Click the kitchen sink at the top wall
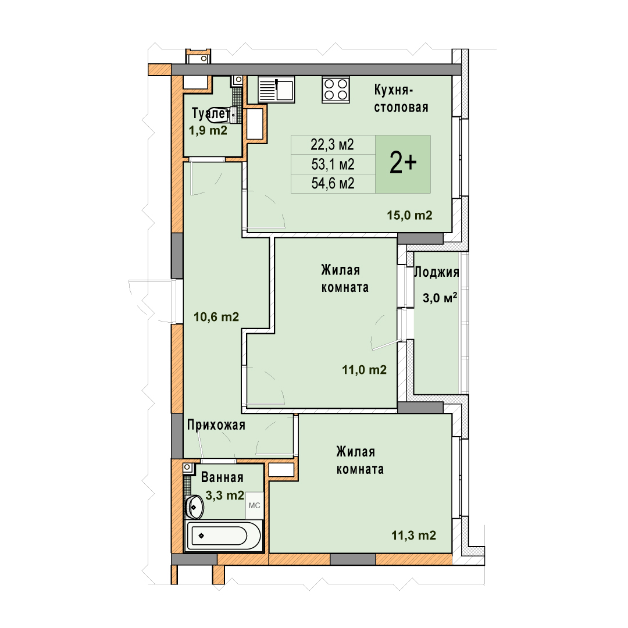tap(276, 90)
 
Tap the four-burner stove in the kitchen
tap(336, 90)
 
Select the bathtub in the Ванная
tap(224, 536)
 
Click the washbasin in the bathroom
tap(195, 506)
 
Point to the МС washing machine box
tap(254, 505)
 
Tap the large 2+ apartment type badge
tap(403, 164)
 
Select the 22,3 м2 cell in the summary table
tap(333, 145)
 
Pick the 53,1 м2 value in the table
tap(333, 164)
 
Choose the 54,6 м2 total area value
tap(333, 183)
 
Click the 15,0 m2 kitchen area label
tap(409, 216)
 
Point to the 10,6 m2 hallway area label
tap(216, 317)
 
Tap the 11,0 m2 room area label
tap(364, 370)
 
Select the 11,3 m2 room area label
tap(413, 535)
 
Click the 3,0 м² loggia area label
tap(440, 298)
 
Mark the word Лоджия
tap(437, 272)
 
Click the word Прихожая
tap(216, 425)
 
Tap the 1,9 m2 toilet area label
tap(208, 130)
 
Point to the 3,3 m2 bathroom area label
tap(224, 495)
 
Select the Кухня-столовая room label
tap(401, 98)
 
